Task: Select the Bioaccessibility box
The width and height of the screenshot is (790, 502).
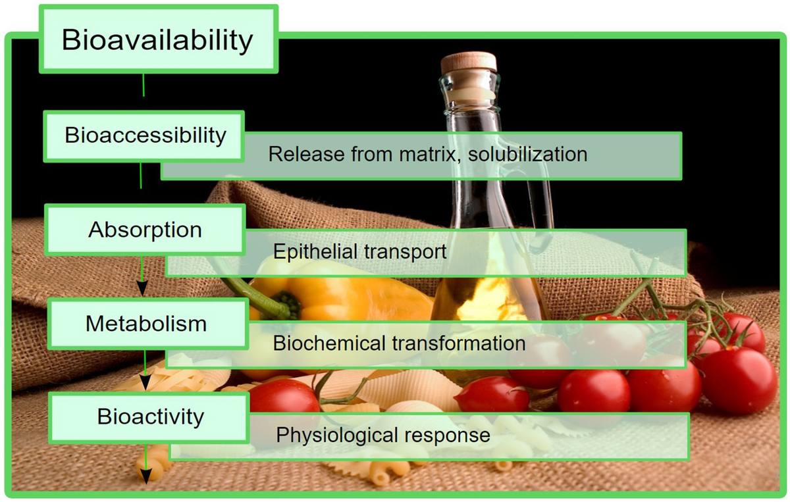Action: [145, 136]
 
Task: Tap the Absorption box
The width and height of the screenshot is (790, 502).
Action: [145, 230]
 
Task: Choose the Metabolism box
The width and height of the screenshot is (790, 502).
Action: [146, 323]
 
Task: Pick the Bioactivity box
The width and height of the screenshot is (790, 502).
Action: [150, 416]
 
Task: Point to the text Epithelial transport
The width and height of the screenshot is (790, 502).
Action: [359, 252]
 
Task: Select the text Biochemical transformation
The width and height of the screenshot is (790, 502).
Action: [399, 343]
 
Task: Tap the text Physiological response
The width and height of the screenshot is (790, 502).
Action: [383, 435]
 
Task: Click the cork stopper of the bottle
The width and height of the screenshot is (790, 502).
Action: [469, 63]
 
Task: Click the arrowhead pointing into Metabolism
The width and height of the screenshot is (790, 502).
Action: [142, 289]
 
